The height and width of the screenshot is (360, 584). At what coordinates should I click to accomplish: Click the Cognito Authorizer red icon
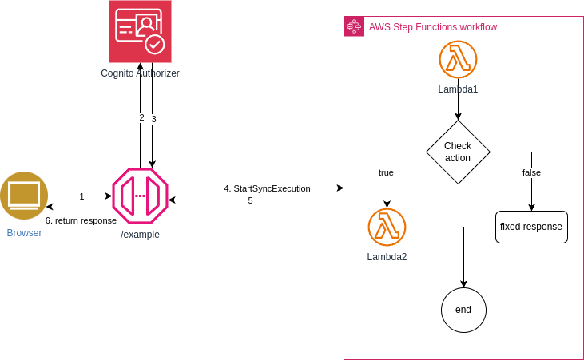140,32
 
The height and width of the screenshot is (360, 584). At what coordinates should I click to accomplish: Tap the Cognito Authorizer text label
140,73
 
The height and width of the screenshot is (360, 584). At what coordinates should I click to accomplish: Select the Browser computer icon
24,196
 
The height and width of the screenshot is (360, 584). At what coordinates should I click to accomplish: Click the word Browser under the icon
24,233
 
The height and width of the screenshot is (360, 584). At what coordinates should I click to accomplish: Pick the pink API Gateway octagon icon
140,196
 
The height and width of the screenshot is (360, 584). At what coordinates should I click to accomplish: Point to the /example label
140,235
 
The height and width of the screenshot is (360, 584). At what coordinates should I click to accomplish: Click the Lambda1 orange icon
458,60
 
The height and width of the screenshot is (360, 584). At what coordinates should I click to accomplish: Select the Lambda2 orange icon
387,227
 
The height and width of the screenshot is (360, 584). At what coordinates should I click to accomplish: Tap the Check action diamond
458,152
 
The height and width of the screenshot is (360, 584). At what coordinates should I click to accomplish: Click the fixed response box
531,227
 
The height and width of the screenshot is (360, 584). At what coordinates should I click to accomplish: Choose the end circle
463,310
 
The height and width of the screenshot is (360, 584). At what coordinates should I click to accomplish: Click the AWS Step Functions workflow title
432,27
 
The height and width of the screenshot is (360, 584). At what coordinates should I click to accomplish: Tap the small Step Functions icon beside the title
353,26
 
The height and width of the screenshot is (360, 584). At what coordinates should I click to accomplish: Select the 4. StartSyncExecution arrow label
267,188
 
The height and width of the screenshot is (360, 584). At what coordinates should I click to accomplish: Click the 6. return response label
81,220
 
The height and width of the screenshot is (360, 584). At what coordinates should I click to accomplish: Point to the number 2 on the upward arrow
141,117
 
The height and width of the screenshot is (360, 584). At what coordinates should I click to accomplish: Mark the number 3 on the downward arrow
153,119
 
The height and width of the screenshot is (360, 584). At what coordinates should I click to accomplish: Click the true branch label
386,172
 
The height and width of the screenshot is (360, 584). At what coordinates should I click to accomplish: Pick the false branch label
531,172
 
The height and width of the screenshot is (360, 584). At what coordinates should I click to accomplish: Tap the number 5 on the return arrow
250,200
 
